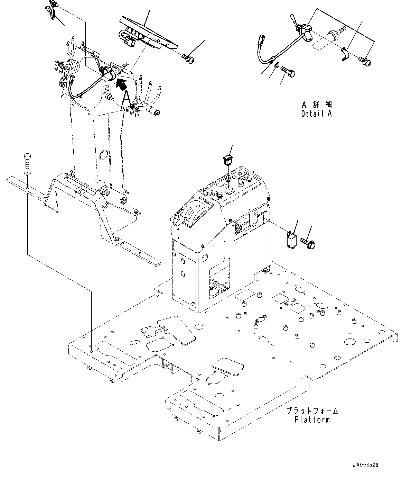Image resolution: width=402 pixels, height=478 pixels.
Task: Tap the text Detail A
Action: (317, 114)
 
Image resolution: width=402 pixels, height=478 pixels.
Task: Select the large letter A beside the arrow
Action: (127, 98)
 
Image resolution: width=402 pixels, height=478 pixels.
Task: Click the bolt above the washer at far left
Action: (27, 161)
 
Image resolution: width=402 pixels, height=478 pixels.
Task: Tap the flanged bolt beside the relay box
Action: (308, 243)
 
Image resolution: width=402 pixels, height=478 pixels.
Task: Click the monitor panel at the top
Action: (148, 34)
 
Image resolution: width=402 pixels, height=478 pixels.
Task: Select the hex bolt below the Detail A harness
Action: (288, 71)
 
